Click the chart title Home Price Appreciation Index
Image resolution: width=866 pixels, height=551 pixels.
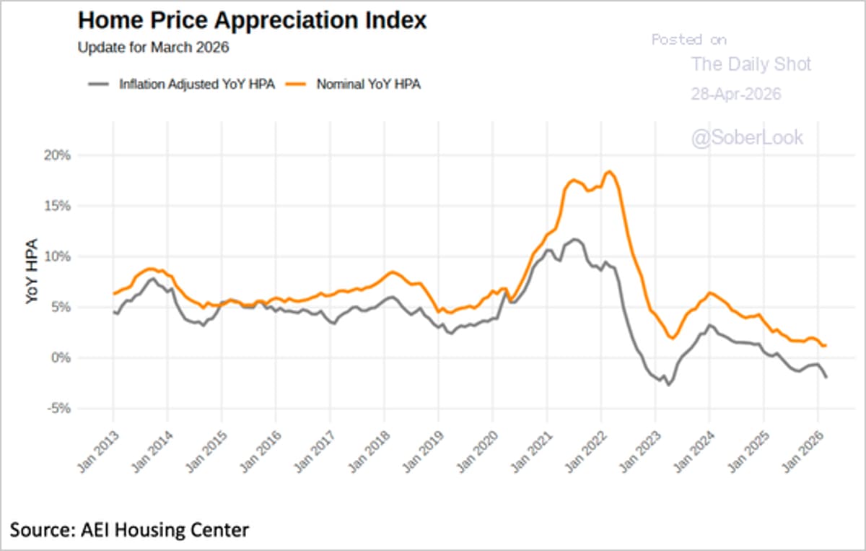tap(252, 20)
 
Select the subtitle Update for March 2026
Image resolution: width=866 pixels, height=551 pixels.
tap(152, 48)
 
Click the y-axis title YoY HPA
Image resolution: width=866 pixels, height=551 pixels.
tap(32, 271)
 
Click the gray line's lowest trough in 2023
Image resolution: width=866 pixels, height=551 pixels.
tap(668, 385)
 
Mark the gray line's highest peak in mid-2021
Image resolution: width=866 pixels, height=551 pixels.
tap(574, 239)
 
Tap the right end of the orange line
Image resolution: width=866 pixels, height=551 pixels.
tap(825, 346)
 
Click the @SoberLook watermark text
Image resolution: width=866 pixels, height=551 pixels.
tap(747, 137)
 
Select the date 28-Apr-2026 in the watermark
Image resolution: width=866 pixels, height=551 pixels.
tap(736, 95)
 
